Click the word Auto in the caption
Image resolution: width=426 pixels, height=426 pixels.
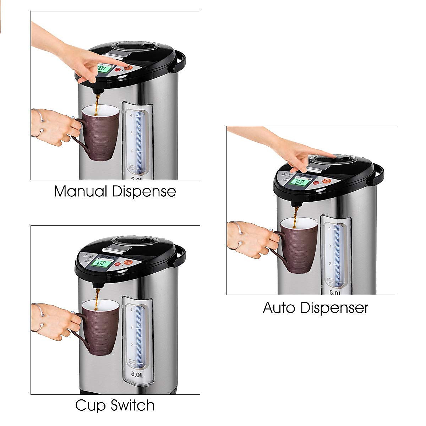(x=279, y=307)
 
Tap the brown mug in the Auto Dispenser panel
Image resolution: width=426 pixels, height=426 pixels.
(x=299, y=245)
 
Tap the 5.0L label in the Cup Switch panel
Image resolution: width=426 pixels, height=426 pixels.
(x=137, y=374)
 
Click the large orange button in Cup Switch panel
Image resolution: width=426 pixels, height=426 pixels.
(x=129, y=263)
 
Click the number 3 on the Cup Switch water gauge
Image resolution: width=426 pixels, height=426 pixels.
(x=131, y=327)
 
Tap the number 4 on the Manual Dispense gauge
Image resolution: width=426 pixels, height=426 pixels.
(x=131, y=116)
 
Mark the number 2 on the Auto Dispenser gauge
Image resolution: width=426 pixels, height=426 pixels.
(x=330, y=264)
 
